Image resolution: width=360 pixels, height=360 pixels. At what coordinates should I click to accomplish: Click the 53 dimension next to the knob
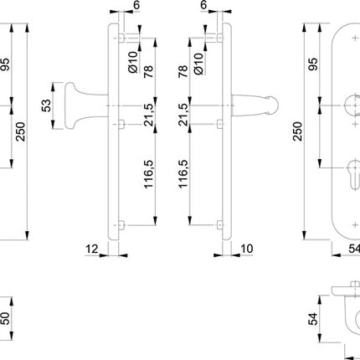[x=47, y=106]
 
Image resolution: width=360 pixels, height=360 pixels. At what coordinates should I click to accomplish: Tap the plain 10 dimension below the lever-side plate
[x=246, y=249]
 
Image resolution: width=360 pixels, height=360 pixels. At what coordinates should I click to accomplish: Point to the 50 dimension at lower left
[x=6, y=319]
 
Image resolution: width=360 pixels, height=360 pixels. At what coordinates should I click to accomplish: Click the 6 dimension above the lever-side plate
[x=203, y=5]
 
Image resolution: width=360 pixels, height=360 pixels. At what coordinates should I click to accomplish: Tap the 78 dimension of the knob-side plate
[x=150, y=73]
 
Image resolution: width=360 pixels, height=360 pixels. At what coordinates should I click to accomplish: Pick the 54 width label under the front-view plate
[x=352, y=249]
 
